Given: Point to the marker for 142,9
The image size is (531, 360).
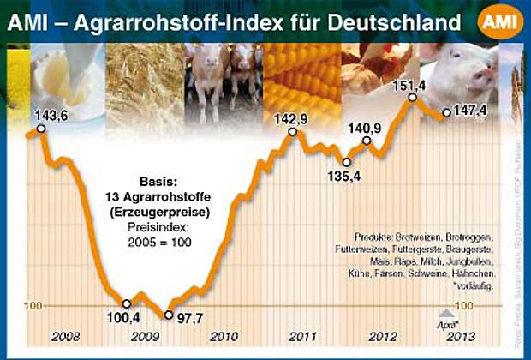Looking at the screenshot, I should click(293, 132).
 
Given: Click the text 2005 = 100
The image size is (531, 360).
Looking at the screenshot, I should click(163, 243).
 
